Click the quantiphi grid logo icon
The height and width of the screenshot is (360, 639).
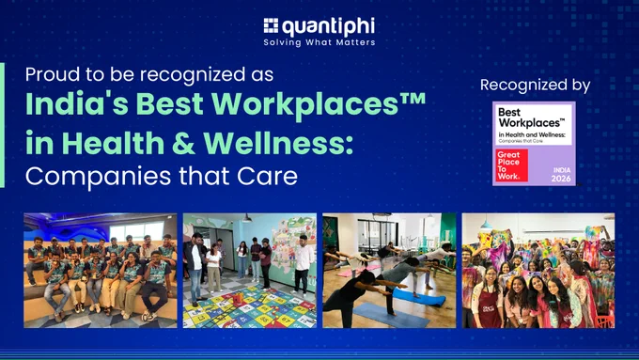coord(271,25)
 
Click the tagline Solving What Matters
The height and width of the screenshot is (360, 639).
coord(319,42)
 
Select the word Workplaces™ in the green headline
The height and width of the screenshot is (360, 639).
coord(319,105)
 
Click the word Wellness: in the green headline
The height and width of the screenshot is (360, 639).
coord(278,143)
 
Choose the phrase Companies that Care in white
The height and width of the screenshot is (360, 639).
coord(162,176)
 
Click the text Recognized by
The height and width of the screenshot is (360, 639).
coord(535,86)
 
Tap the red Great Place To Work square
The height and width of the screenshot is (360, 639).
coord(511,165)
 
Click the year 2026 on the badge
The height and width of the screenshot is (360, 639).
coord(561,179)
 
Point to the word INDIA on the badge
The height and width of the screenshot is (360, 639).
coord(562,170)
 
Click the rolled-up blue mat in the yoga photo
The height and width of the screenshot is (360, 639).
coord(418,297)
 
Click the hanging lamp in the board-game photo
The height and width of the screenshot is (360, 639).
coord(247,218)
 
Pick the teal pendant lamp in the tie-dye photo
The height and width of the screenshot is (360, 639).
coord(486,225)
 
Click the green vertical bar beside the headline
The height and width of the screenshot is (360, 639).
coord(2,125)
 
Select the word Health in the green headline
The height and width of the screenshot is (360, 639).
coord(113,143)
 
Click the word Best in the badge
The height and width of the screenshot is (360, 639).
coord(509,112)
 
